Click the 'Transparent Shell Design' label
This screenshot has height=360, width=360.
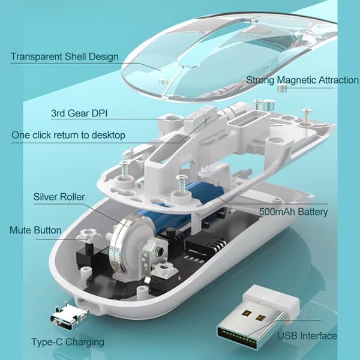(x=65, y=57)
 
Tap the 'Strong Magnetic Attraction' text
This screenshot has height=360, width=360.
(x=302, y=80)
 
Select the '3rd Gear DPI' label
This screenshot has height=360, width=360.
(x=79, y=113)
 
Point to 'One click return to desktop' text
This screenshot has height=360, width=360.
(x=68, y=135)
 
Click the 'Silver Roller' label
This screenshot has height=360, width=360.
(x=59, y=197)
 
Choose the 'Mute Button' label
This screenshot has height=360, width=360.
(x=35, y=230)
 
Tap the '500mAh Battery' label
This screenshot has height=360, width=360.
(x=293, y=212)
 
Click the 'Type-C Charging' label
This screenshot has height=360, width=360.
(x=68, y=342)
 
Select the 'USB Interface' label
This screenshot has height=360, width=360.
(x=307, y=335)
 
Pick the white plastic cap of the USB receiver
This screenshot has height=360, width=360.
(x=272, y=301)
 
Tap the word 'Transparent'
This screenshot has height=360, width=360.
(x=37, y=57)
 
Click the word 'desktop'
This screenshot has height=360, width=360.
(x=109, y=135)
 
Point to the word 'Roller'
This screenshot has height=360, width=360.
(x=71, y=197)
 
